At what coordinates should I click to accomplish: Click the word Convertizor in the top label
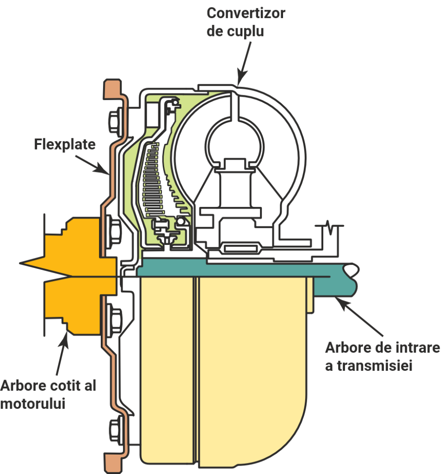246,13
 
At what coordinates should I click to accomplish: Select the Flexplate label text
65,144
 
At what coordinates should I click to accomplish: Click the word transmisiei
369,366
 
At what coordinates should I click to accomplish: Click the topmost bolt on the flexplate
114,121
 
